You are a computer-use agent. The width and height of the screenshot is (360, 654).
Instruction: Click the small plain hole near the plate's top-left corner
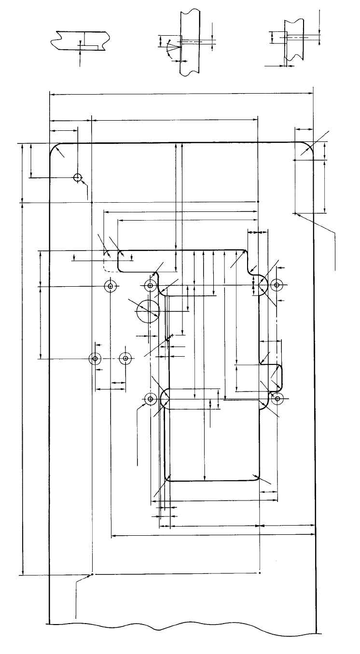coord(77,177)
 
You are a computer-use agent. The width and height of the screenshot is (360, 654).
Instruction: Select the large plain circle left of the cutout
coord(148,310)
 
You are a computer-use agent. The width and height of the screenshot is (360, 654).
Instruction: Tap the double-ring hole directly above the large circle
coord(151,286)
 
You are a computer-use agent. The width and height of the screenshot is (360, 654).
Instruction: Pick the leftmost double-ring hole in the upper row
coord(111,286)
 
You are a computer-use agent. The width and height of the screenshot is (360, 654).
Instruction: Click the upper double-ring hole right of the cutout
coord(276,285)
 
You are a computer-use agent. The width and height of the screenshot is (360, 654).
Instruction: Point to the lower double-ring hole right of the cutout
coord(277,399)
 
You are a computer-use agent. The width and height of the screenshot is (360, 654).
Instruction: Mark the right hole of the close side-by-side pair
coord(125,359)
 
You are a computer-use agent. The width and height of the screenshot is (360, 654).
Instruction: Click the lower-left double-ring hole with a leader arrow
coord(150,399)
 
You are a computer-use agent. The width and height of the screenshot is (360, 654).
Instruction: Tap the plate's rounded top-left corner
coord(53,147)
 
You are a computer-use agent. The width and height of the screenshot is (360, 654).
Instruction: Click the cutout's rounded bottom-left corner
coord(168,477)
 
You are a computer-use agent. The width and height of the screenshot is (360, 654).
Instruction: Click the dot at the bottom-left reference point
coord(92,574)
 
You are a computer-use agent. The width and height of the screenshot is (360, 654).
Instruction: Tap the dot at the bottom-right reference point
coord(260,573)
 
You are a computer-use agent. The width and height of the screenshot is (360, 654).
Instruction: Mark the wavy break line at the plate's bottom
coord(183,628)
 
